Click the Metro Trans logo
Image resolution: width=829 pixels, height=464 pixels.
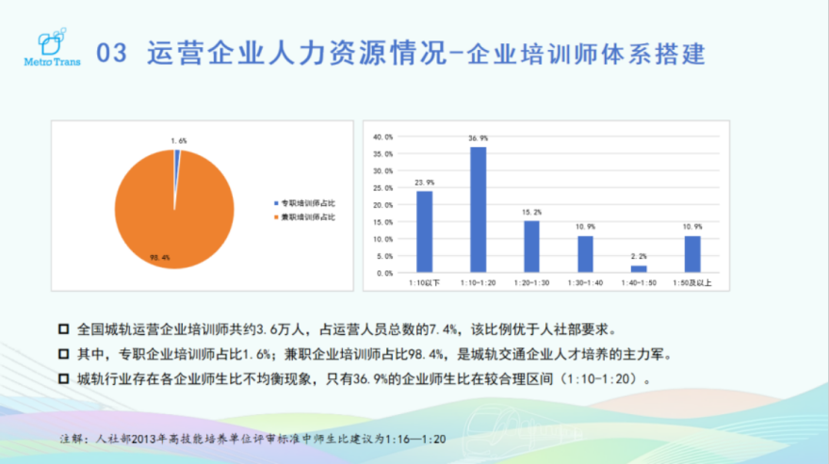pyautogui.click(x=52, y=47)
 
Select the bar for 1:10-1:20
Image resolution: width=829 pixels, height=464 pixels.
pyautogui.click(x=478, y=210)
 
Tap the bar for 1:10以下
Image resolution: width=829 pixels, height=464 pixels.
pyautogui.click(x=425, y=232)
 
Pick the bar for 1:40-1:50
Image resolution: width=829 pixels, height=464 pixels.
pyautogui.click(x=639, y=269)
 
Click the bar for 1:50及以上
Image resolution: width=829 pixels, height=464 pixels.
pyautogui.click(x=692, y=254)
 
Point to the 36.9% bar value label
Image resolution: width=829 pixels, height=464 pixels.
pyautogui.click(x=478, y=138)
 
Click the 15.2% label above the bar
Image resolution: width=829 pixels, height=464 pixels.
pyautogui.click(x=532, y=213)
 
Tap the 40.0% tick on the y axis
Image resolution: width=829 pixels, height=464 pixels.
pyautogui.click(x=382, y=136)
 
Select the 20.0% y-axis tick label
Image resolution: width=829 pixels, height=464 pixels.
pyautogui.click(x=382, y=205)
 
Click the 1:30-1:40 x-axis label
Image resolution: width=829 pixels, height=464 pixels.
pyautogui.click(x=585, y=283)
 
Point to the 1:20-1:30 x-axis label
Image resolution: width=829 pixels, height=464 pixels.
pyautogui.click(x=532, y=283)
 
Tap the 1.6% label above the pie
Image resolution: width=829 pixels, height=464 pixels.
pyautogui.click(x=179, y=141)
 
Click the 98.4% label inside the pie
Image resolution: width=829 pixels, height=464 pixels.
pyautogui.click(x=159, y=258)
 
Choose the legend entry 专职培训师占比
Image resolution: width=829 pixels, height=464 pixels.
pyautogui.click(x=304, y=203)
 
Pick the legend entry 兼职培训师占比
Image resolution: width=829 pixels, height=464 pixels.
pyautogui.click(x=304, y=217)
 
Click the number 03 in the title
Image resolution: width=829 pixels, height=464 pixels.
pyautogui.click(x=112, y=54)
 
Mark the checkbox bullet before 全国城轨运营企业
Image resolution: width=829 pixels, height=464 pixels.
pyautogui.click(x=63, y=329)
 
